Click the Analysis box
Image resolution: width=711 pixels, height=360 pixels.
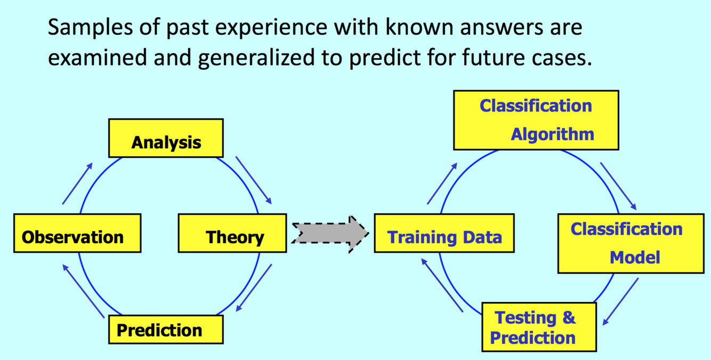(166, 138)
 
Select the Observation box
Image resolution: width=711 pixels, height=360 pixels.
(77, 233)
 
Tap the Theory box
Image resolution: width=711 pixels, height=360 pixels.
(232, 233)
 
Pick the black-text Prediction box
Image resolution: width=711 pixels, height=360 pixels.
(166, 330)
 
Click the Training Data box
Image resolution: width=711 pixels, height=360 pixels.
(445, 233)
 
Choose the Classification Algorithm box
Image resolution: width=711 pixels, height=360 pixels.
(536, 120)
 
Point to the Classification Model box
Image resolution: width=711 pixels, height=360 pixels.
(631, 244)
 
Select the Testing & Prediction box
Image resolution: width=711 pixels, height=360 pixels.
(539, 327)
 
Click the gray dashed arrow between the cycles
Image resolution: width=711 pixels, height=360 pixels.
(330, 234)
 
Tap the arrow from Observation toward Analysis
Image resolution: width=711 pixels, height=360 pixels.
(77, 183)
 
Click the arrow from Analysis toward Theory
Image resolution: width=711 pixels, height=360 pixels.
(254, 180)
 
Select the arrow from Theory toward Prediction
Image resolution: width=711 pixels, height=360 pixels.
(254, 288)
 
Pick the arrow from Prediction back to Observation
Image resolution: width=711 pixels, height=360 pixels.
(83, 291)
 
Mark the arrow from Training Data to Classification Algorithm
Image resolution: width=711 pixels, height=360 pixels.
(442, 183)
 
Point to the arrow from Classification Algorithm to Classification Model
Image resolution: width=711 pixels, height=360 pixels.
(618, 186)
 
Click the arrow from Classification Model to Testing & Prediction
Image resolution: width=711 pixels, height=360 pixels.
(620, 302)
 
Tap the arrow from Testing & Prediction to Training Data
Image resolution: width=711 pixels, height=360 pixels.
(442, 285)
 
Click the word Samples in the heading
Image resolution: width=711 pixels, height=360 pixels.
(90, 27)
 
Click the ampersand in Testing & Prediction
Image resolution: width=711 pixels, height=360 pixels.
(569, 318)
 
